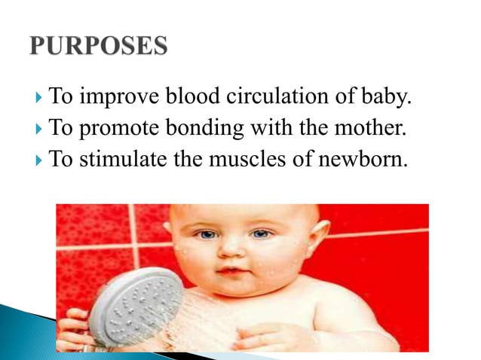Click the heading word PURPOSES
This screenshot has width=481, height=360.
(98, 47)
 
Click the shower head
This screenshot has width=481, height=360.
(135, 306)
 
